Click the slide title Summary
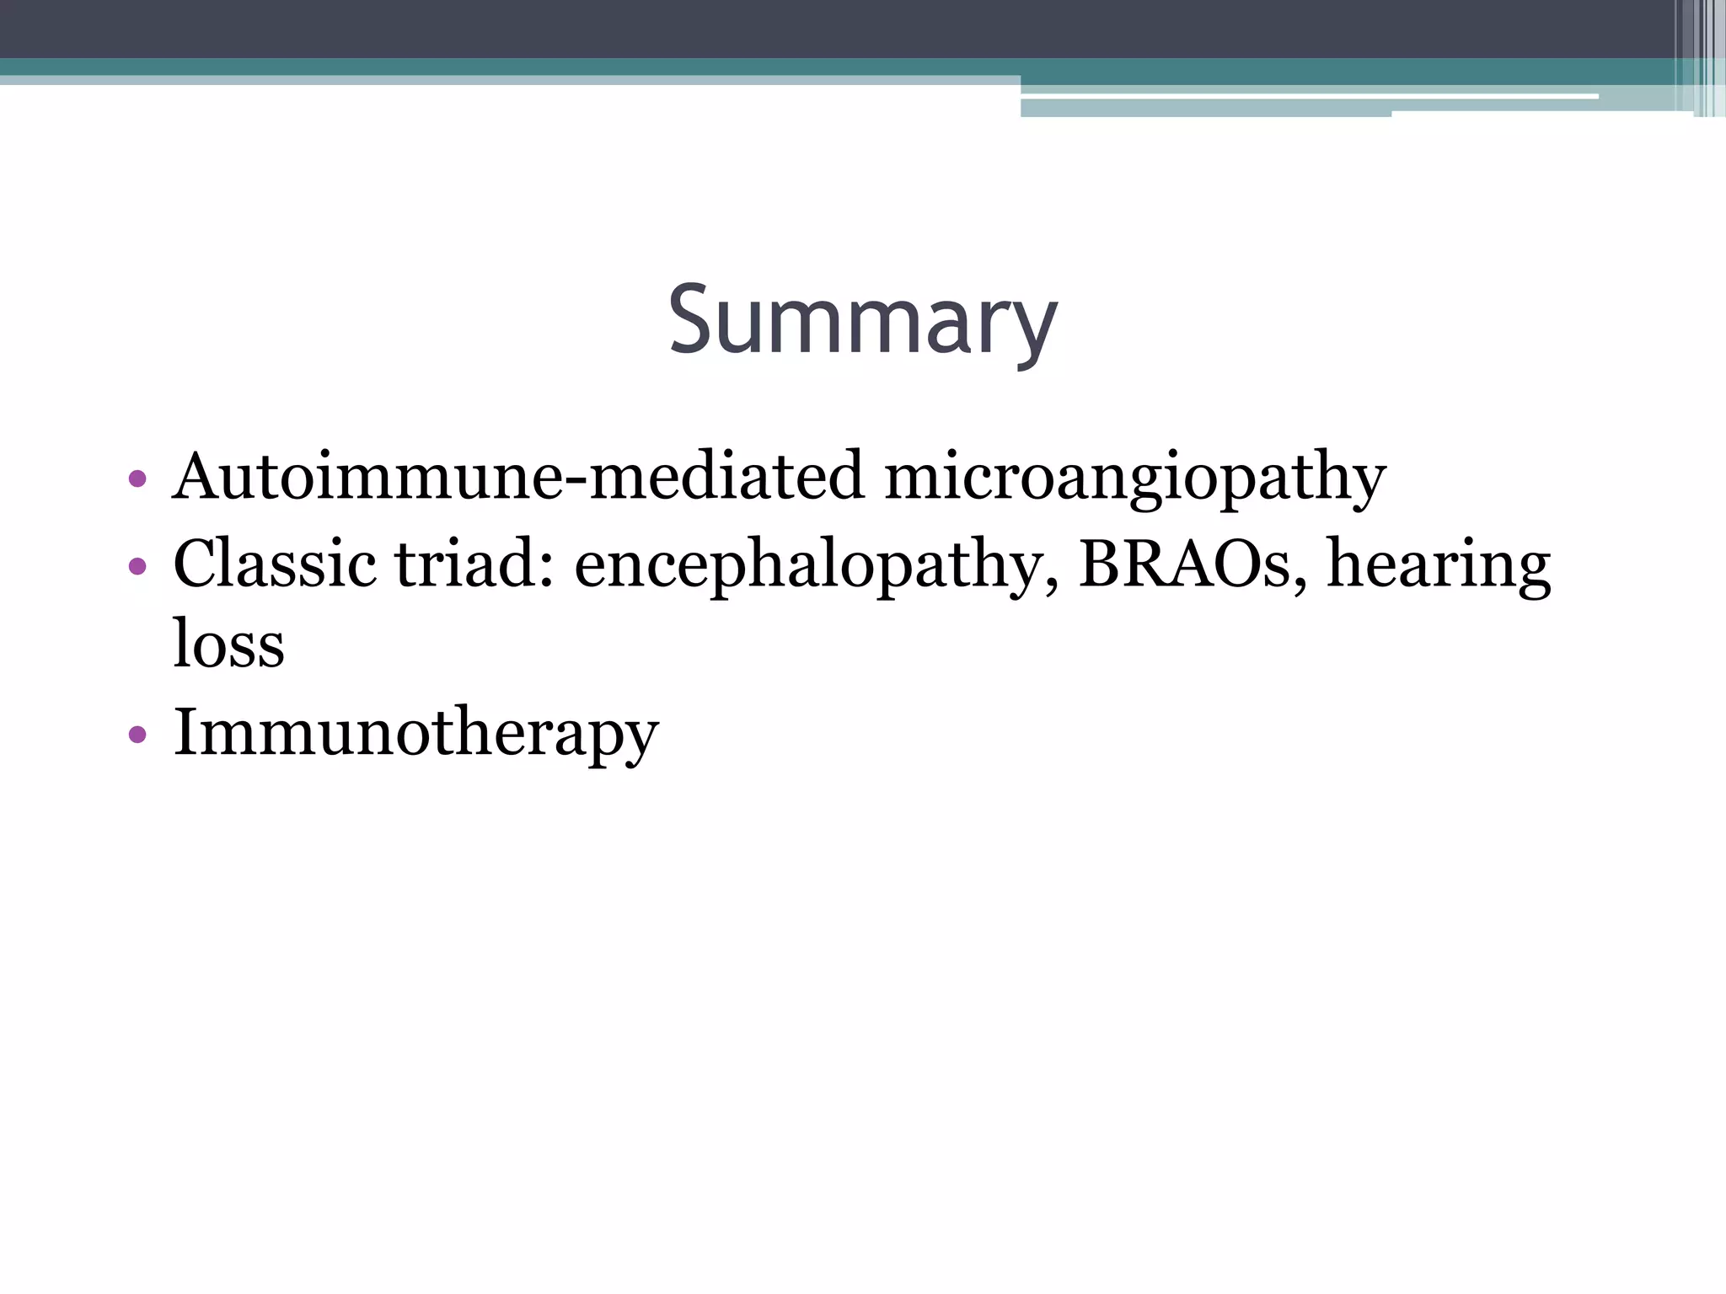(862, 322)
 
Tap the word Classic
(274, 564)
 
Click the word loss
(228, 644)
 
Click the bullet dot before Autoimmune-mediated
(137, 480)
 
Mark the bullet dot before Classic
(137, 566)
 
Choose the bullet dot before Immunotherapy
(137, 735)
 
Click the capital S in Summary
(693, 320)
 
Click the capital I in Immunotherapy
(185, 730)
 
